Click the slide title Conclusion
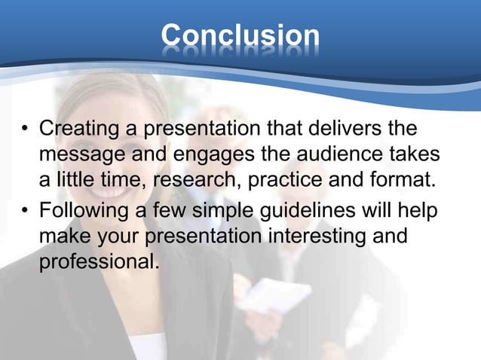[x=240, y=35]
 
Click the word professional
[x=97, y=262]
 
